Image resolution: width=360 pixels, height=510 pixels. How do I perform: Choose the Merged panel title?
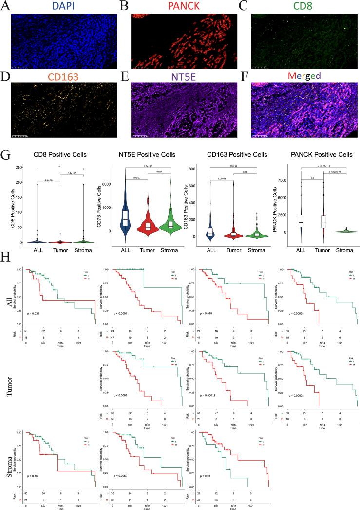[303, 76]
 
